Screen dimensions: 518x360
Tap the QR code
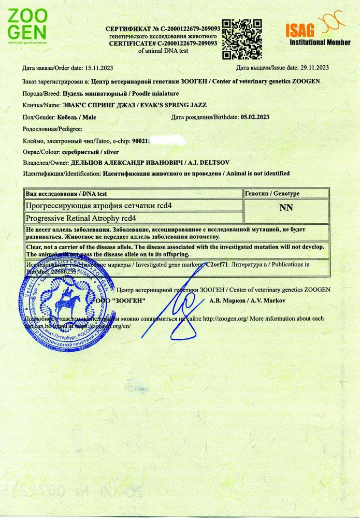[241, 39]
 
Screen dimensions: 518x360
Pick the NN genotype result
[286, 208]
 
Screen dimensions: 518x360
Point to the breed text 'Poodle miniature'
[155, 94]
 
